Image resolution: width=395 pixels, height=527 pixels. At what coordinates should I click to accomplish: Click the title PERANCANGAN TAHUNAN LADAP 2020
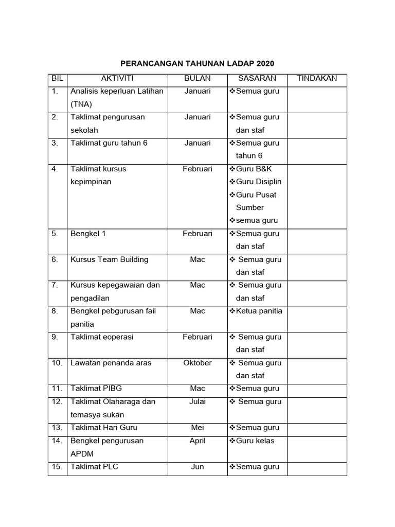(x=197, y=64)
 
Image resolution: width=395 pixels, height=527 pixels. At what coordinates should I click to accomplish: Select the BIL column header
(x=57, y=79)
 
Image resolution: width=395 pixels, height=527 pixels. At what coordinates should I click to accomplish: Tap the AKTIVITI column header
(x=117, y=79)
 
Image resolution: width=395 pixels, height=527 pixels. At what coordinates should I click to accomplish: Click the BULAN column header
(x=197, y=79)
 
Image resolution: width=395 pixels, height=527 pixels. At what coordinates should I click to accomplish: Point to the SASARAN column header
(x=257, y=79)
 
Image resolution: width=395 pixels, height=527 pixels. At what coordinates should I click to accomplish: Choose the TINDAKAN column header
(x=317, y=79)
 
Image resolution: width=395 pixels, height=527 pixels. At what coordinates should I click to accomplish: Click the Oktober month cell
(x=197, y=363)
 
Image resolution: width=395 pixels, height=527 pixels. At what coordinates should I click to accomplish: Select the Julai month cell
(x=197, y=402)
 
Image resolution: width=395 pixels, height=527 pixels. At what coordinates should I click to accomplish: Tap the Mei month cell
(x=197, y=428)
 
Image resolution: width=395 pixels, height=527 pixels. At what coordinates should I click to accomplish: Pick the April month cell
(x=197, y=441)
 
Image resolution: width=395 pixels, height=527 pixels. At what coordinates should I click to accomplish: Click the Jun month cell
(x=197, y=467)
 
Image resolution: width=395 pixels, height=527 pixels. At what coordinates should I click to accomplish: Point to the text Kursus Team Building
(x=109, y=259)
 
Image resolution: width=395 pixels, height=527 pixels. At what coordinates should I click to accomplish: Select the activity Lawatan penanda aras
(x=111, y=363)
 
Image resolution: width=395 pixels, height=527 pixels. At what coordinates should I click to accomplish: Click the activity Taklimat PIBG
(x=96, y=389)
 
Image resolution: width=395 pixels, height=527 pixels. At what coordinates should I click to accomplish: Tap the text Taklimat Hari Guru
(x=104, y=428)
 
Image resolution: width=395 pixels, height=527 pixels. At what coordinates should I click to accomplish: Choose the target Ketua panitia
(x=259, y=311)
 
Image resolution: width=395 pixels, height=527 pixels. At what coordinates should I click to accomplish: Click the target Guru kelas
(x=255, y=441)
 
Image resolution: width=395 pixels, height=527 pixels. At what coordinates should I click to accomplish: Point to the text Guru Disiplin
(x=258, y=182)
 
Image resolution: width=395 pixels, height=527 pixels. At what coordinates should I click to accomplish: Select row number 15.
(x=57, y=467)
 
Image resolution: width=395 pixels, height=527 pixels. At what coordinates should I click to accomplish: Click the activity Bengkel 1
(x=88, y=234)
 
